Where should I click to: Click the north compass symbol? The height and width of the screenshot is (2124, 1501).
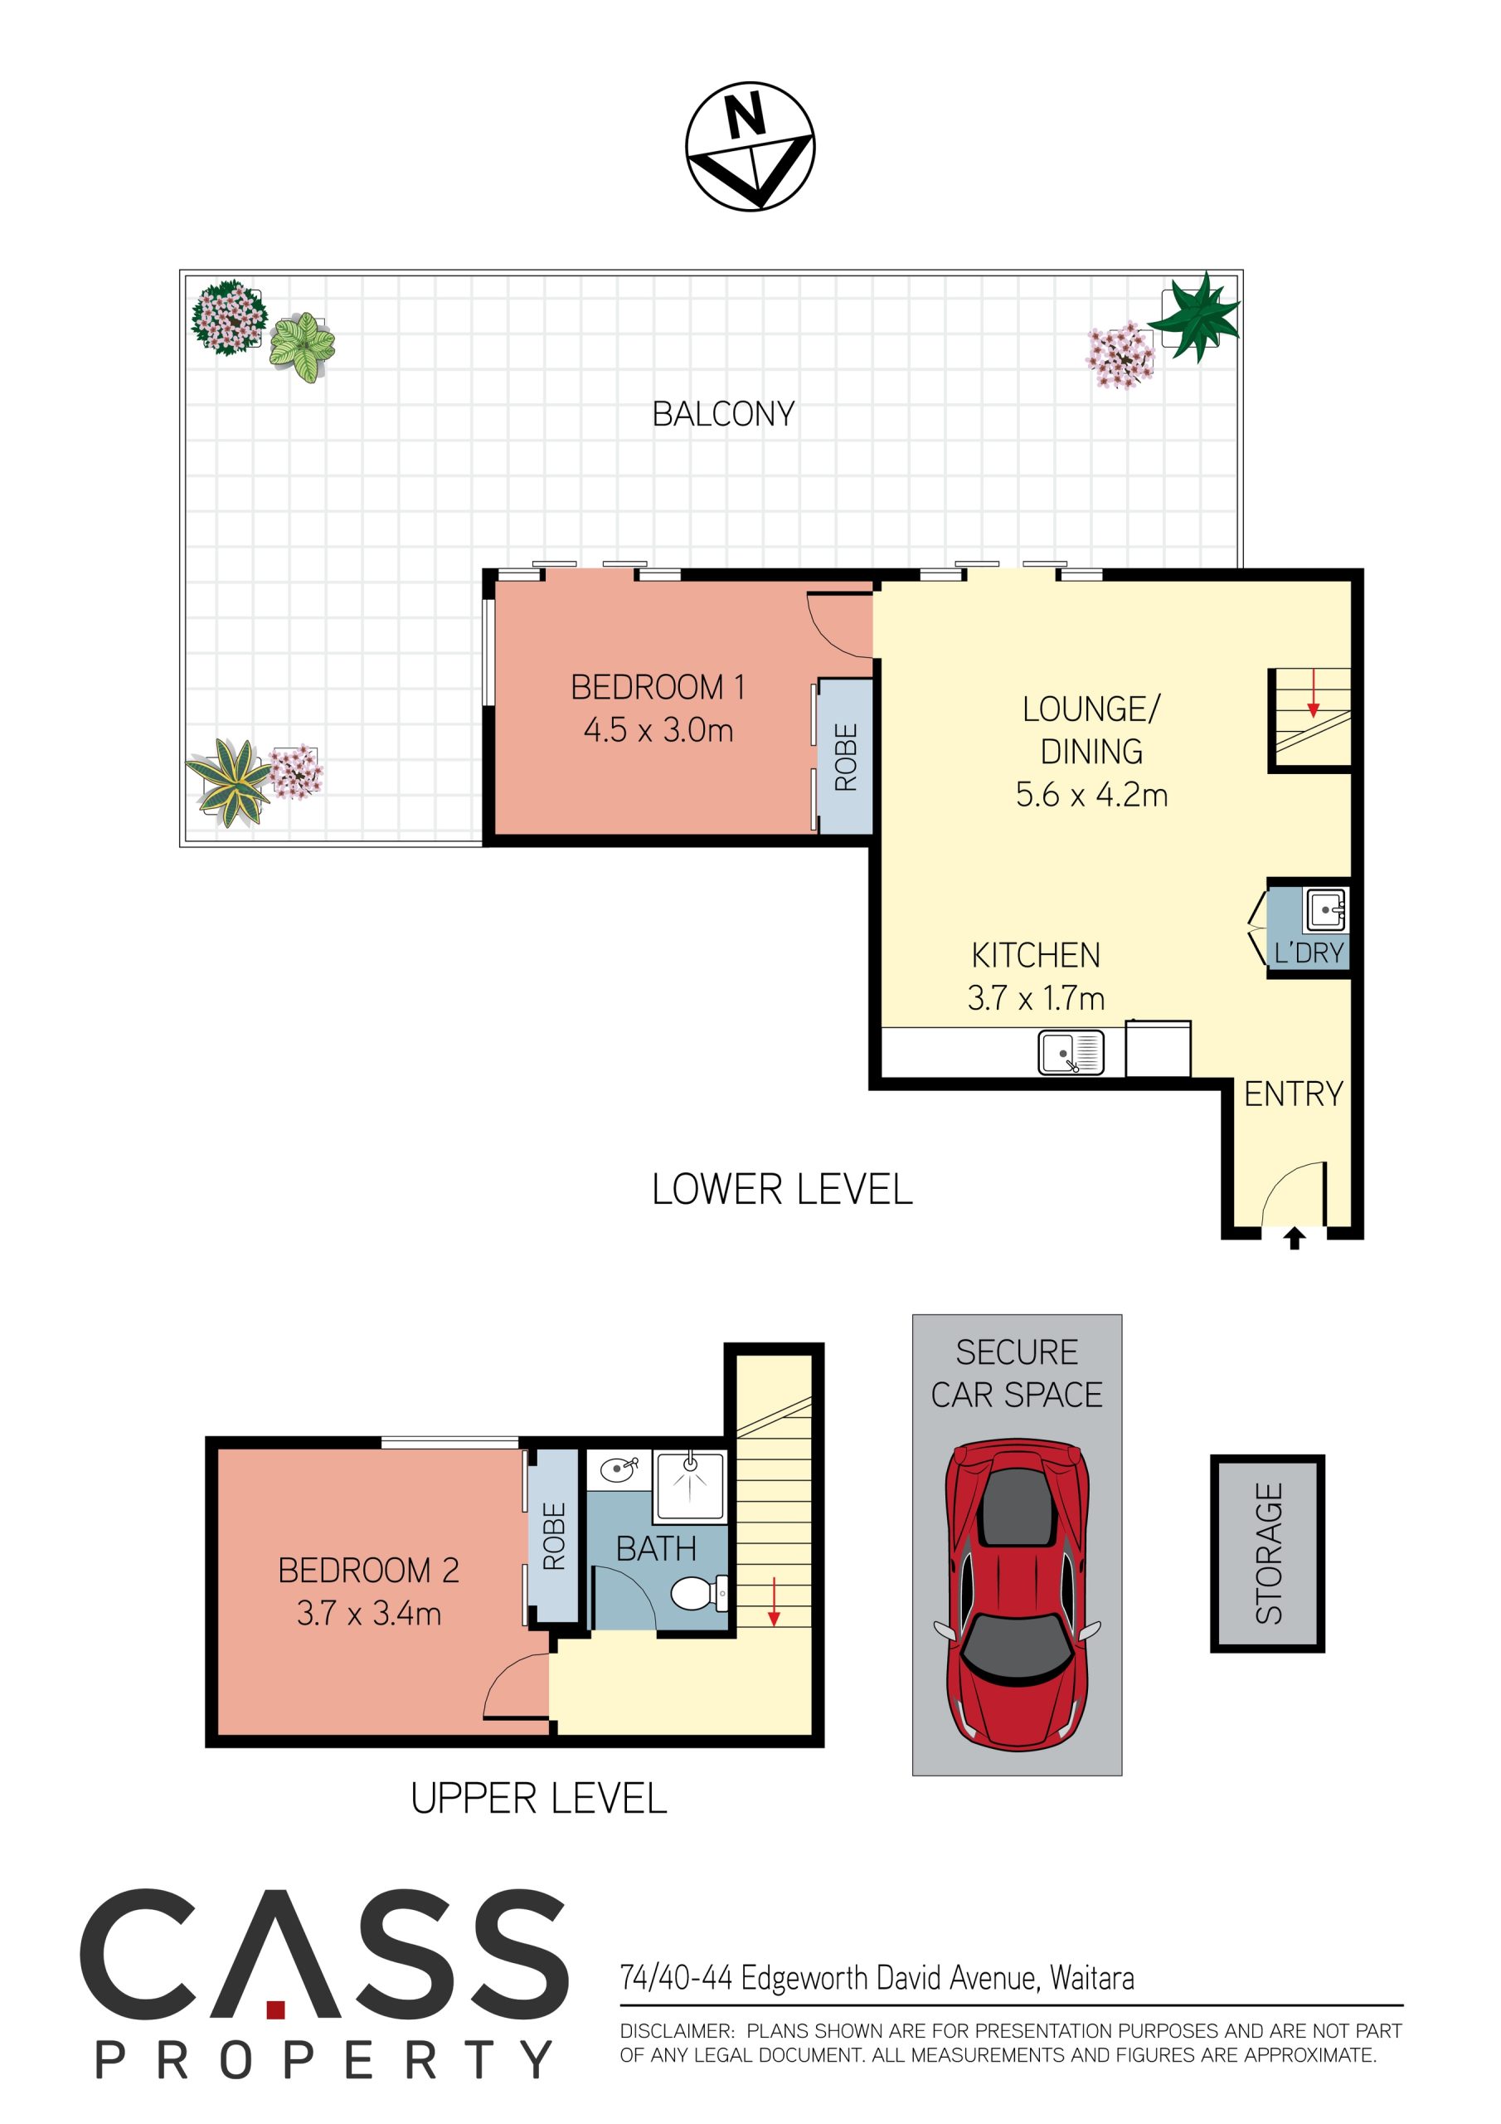click(x=750, y=146)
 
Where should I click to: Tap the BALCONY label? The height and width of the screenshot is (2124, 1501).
click(x=723, y=413)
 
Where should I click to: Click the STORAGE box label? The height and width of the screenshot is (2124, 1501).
click(x=1268, y=1553)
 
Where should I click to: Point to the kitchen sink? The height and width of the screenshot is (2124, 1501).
click(x=1071, y=1053)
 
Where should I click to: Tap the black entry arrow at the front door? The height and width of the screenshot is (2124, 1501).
click(x=1294, y=1238)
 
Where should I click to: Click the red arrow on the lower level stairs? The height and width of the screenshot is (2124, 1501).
click(x=1312, y=694)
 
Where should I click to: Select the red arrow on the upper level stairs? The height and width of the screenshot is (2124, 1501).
click(x=773, y=1602)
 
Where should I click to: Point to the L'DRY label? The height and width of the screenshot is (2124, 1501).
click(x=1309, y=952)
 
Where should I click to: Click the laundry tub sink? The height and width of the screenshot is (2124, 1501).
click(x=1325, y=910)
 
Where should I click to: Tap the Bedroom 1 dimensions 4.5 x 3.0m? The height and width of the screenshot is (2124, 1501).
click(x=658, y=730)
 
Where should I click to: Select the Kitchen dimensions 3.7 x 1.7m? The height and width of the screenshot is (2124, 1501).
click(x=1036, y=998)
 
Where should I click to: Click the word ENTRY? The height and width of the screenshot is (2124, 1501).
click(x=1293, y=1094)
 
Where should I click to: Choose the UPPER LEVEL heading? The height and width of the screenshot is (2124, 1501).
click(x=538, y=1800)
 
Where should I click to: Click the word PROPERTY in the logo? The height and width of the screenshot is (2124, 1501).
click(x=323, y=2060)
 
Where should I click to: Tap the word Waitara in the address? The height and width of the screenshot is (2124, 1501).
click(x=1092, y=1979)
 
